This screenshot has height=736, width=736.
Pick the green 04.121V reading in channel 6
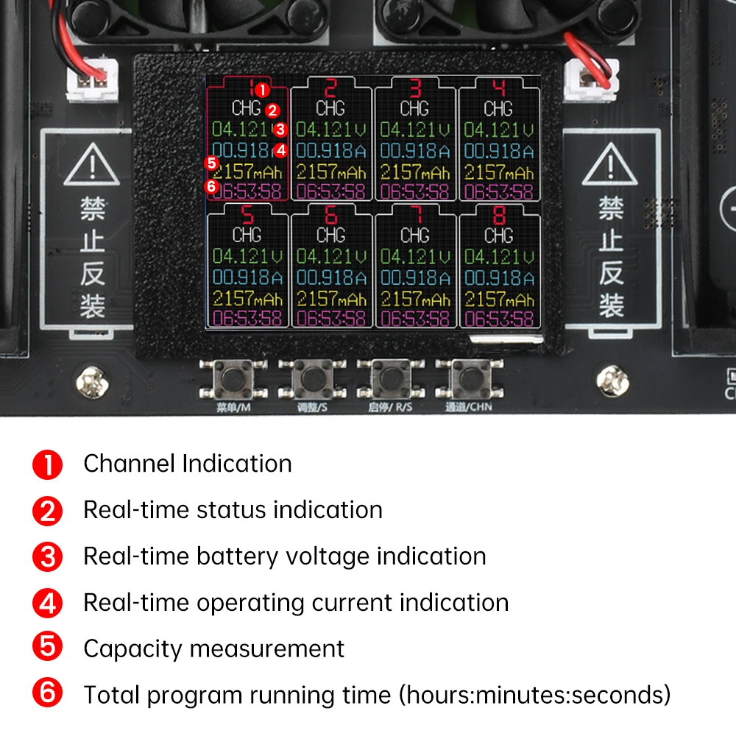[x=330, y=257]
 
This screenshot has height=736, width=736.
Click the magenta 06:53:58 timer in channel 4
[x=498, y=192]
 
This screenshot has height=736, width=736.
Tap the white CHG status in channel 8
[x=498, y=236]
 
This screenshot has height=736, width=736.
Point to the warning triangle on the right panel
[x=610, y=166]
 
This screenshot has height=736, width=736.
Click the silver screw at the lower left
[x=92, y=381]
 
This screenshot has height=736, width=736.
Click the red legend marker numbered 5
[x=48, y=648]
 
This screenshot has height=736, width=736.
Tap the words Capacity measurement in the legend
[x=213, y=648]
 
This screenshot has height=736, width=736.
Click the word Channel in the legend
[x=130, y=464]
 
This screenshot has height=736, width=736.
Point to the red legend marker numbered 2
[x=48, y=510]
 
